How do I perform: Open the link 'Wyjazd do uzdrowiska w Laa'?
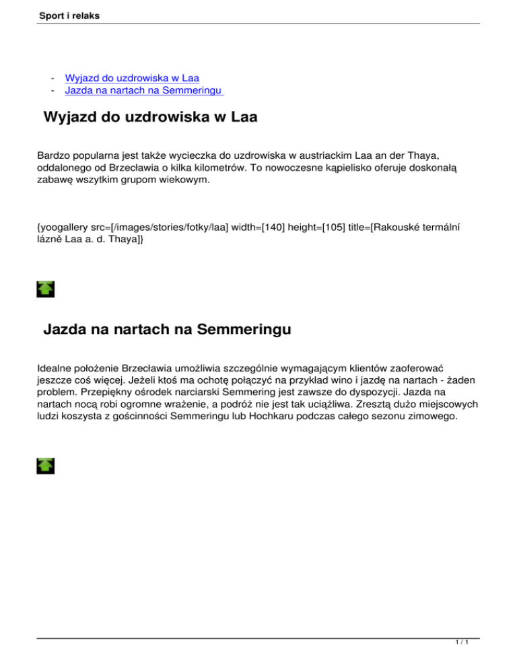click(131, 77)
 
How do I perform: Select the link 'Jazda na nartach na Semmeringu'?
click(144, 90)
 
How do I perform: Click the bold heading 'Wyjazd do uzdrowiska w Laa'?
click(150, 118)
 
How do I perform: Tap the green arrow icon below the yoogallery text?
click(46, 289)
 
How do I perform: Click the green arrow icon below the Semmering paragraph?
click(46, 466)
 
